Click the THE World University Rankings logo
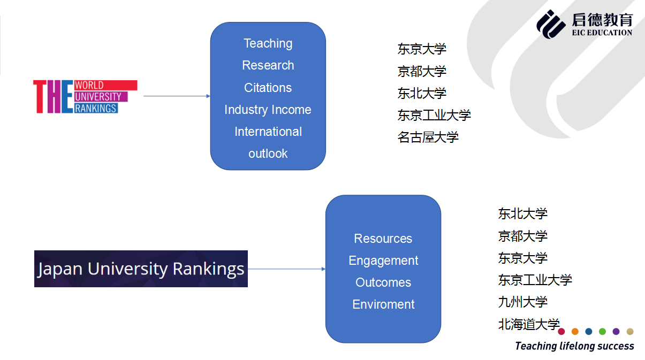tap(85, 96)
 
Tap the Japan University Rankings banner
tap(141, 269)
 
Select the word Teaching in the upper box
tap(268, 43)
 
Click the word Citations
tap(268, 88)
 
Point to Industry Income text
tap(268, 110)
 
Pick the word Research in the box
tap(268, 65)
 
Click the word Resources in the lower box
tap(383, 239)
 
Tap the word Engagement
tap(383, 261)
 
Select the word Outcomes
tap(383, 282)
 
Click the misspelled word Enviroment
tap(383, 304)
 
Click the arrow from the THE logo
tap(177, 96)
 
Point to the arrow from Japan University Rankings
tap(286, 269)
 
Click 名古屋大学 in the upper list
tap(428, 137)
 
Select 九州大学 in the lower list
tap(523, 302)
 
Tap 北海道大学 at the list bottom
tap(529, 324)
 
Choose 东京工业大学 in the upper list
tap(434, 115)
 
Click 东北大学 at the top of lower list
tap(523, 214)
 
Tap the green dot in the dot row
tap(602, 332)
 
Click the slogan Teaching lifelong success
tap(574, 346)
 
